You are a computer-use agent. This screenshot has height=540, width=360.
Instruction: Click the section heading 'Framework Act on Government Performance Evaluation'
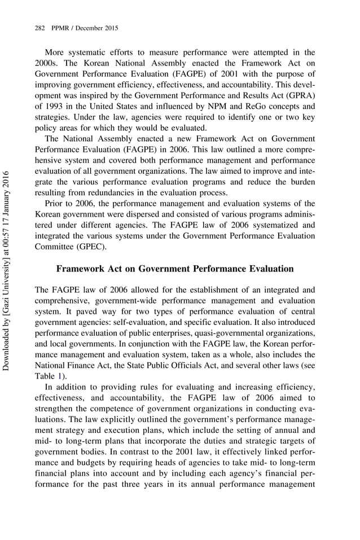(x=175, y=269)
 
